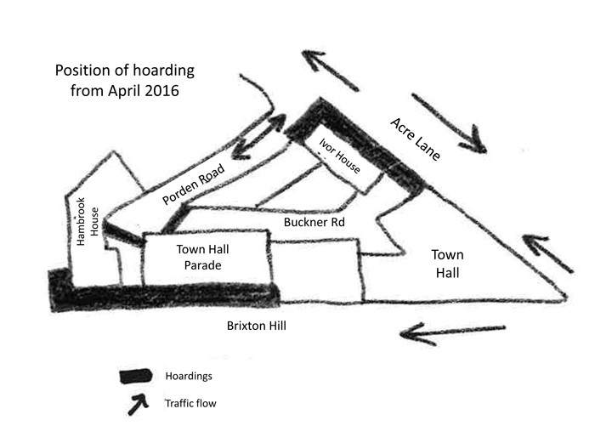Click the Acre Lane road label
pyautogui.click(x=416, y=139)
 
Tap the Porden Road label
pyautogui.click(x=194, y=184)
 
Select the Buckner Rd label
pyautogui.click(x=314, y=222)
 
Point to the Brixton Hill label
pyautogui.click(x=257, y=326)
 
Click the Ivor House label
pyautogui.click(x=339, y=156)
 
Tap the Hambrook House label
pyautogui.click(x=88, y=221)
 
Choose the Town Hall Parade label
pyautogui.click(x=202, y=257)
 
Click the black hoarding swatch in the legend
pyautogui.click(x=135, y=376)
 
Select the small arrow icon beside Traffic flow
pyautogui.click(x=139, y=405)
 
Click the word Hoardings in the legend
pyautogui.click(x=189, y=376)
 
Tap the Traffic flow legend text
pyautogui.click(x=190, y=403)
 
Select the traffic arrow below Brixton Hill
pyautogui.click(x=453, y=332)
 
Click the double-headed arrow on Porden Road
pyautogui.click(x=258, y=136)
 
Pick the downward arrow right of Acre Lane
pyautogui.click(x=449, y=123)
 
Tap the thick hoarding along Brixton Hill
pyautogui.click(x=164, y=292)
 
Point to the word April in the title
pyautogui.click(x=124, y=90)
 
